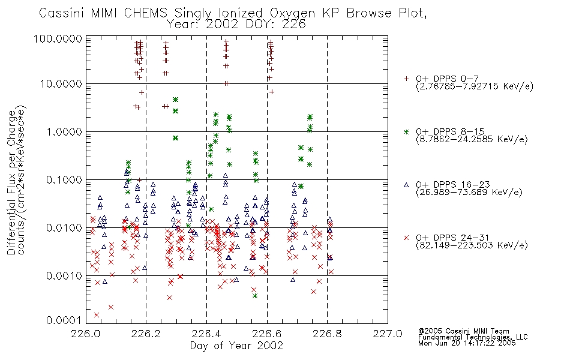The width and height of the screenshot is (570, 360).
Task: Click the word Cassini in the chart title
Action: pyautogui.click(x=61, y=13)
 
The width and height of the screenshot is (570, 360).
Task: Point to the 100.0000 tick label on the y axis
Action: pyautogui.click(x=58, y=38)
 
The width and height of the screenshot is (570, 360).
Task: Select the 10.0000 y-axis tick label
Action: pyautogui.click(x=61, y=84)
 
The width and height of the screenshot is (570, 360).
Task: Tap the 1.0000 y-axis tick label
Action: pyautogui.click(x=64, y=131)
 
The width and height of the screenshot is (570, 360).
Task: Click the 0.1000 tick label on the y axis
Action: pyautogui.click(x=64, y=179)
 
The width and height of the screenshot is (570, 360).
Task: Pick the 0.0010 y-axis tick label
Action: pyautogui.click(x=64, y=275)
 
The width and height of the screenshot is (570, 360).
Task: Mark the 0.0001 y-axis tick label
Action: pyautogui.click(x=64, y=320)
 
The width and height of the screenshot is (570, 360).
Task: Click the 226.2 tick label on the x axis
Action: pyautogui.click(x=146, y=334)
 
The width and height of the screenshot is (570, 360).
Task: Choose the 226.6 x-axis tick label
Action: pyautogui.click(x=267, y=334)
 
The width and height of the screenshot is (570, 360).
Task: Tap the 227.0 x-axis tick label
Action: pyautogui.click(x=388, y=334)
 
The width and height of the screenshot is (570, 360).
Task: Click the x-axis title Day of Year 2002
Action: pyautogui.click(x=236, y=346)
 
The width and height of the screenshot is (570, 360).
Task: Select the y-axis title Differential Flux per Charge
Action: pyautogui.click(x=11, y=182)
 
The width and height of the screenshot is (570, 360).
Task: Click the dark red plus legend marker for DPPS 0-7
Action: pyautogui.click(x=406, y=79)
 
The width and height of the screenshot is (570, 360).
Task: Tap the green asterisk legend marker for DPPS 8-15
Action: pyautogui.click(x=406, y=131)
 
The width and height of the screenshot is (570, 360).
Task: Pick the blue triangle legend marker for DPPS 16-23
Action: pyautogui.click(x=406, y=185)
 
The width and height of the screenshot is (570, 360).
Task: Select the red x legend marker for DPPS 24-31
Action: pyautogui.click(x=406, y=238)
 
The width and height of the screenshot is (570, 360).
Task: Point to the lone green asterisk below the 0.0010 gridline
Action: pyautogui.click(x=255, y=296)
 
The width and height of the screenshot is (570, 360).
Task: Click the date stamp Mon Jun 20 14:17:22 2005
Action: pyautogui.click(x=467, y=343)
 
